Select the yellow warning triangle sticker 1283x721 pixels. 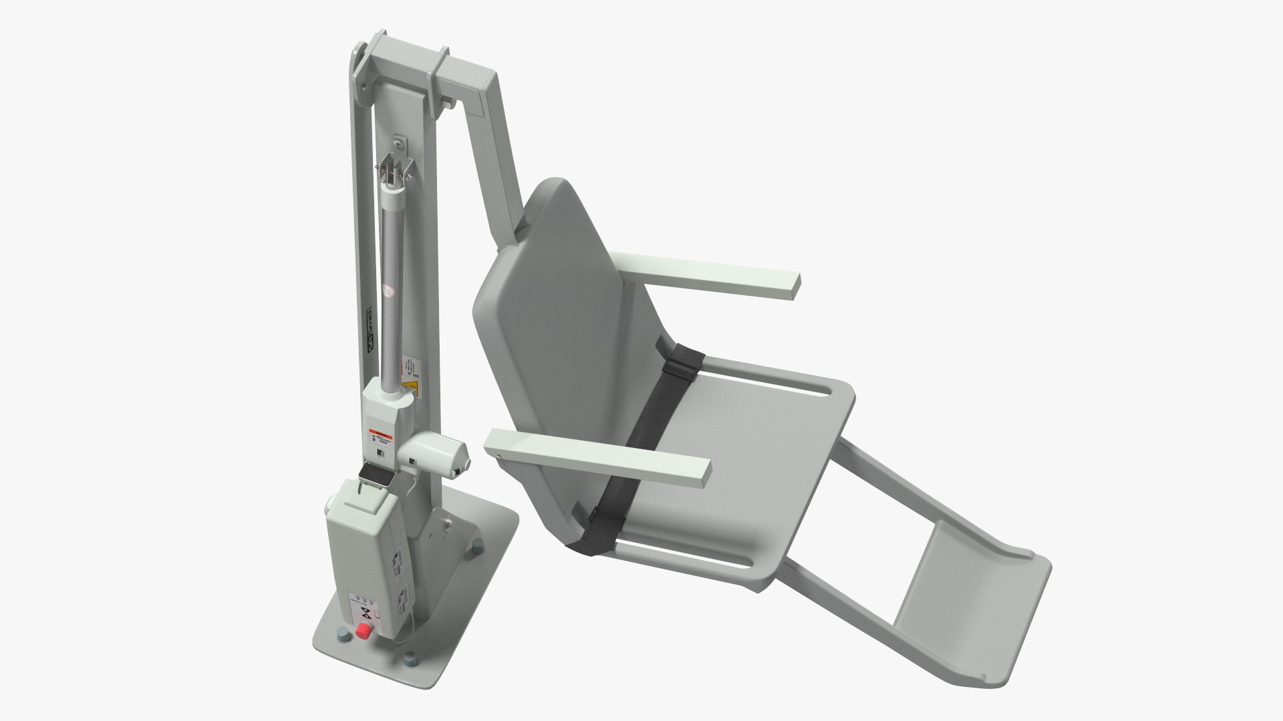pos(405,371)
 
